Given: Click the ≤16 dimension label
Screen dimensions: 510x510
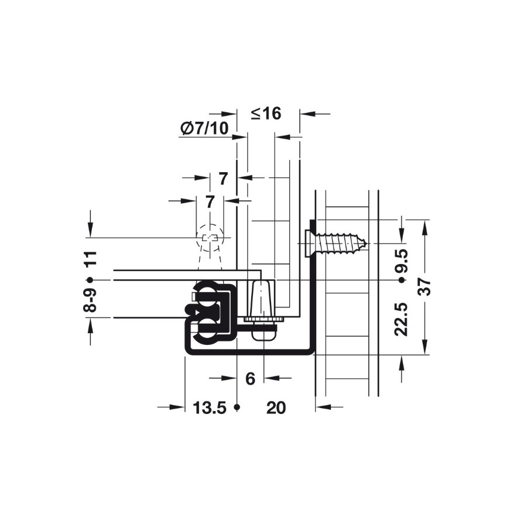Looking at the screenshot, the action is point(266,114).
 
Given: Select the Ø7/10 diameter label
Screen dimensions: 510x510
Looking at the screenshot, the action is point(204,128).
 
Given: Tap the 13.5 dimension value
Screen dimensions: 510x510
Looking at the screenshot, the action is point(210,408).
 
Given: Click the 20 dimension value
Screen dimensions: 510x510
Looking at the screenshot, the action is point(276,408).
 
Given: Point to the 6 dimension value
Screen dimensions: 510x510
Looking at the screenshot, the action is point(250,379).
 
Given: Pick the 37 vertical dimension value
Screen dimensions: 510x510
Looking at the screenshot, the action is point(425,287).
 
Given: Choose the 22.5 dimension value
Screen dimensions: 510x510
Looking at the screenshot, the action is point(401,319).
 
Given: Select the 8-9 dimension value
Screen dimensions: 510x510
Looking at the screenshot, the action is point(90,300).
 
